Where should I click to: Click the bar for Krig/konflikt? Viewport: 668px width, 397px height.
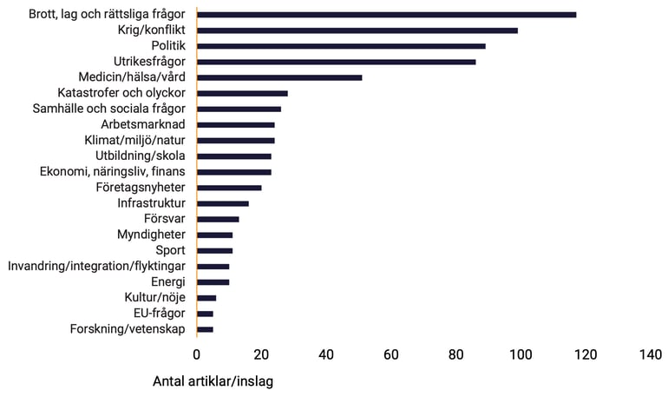pos(357,30)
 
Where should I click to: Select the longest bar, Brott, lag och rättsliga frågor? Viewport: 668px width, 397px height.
pos(386,15)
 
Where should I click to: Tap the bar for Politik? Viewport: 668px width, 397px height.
pos(341,46)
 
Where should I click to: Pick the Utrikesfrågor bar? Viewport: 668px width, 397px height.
pos(336,62)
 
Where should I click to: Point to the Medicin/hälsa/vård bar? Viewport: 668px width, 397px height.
pos(279,77)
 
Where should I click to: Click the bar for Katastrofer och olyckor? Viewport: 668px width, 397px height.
pos(242,93)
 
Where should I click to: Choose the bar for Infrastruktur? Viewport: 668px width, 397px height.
pos(223,203)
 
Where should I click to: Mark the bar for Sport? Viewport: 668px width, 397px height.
pos(214,250)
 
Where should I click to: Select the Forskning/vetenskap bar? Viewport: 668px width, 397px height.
pos(205,329)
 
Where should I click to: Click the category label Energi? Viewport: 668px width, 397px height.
pos(167,282)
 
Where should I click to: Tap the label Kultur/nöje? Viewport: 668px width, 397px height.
pos(154,298)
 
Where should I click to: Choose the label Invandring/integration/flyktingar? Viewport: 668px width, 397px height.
pos(96,266)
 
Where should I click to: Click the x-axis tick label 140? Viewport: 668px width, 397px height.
pos(650,354)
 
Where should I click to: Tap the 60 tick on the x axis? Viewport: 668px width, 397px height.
pos(390,354)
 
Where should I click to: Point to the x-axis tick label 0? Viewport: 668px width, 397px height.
pos(197,354)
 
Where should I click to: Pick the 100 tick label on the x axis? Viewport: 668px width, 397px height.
pos(520,354)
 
